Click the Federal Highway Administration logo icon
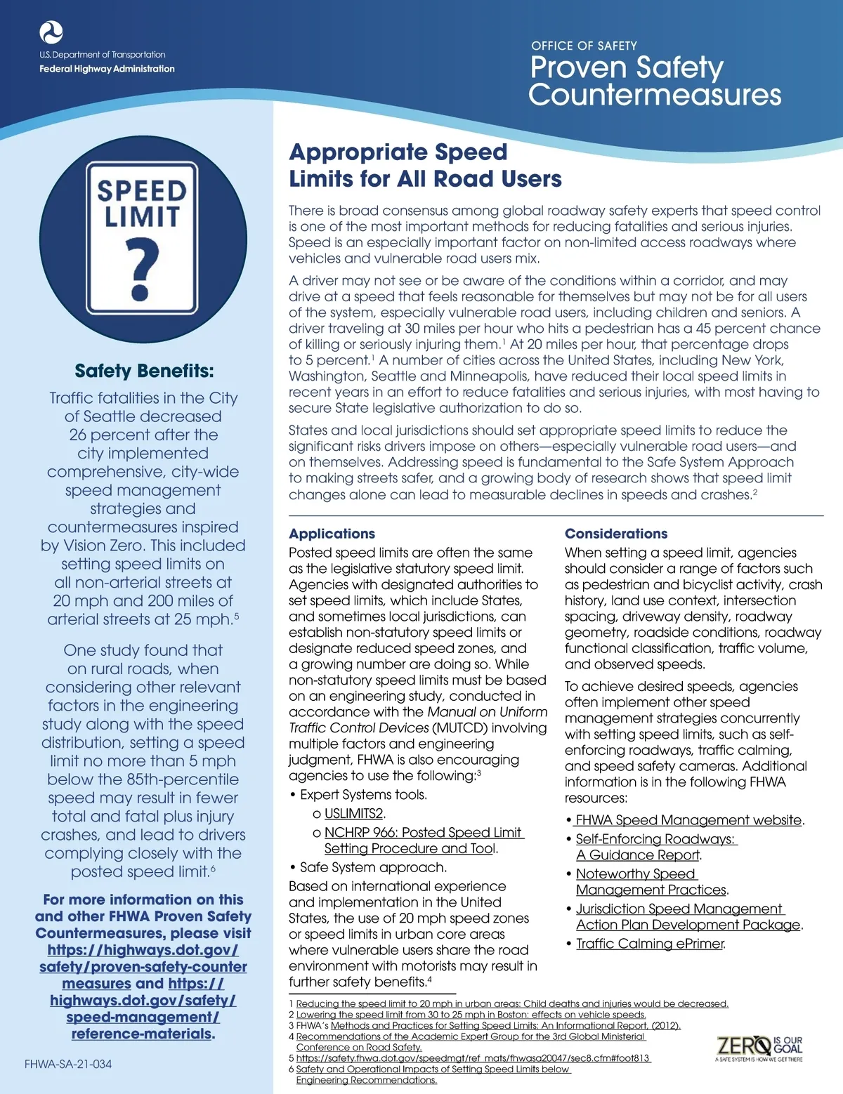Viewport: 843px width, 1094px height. click(x=51, y=32)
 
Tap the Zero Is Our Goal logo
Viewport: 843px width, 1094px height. click(x=759, y=1048)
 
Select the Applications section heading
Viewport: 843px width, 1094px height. click(x=332, y=534)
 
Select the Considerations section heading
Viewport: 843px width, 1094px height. click(x=616, y=534)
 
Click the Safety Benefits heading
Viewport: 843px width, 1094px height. click(x=144, y=371)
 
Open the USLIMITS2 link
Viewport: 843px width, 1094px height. click(x=354, y=814)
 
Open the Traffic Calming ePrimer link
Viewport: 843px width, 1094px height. click(x=649, y=944)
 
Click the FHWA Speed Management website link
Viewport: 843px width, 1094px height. click(x=688, y=820)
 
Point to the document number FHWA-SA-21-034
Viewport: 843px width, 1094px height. click(x=68, y=1064)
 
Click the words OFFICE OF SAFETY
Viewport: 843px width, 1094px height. click(x=584, y=46)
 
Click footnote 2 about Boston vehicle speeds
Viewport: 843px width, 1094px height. click(x=471, y=1015)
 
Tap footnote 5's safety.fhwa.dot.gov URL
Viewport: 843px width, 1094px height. click(x=473, y=1058)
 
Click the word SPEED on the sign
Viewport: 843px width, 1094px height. click(x=142, y=191)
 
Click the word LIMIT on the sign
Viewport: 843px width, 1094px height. click(x=142, y=218)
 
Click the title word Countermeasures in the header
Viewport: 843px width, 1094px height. click(x=655, y=95)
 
